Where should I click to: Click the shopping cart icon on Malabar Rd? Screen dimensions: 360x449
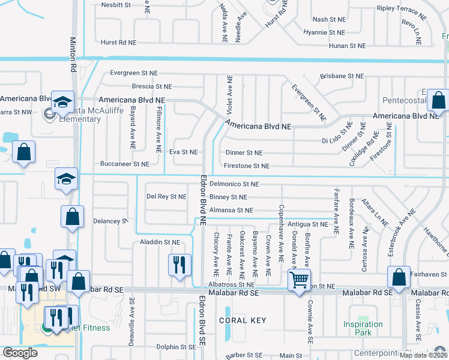pyautogui.click(x=298, y=278)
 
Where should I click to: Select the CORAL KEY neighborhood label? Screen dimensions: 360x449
pyautogui.click(x=242, y=320)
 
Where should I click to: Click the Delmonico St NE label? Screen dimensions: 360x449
pyautogui.click(x=234, y=184)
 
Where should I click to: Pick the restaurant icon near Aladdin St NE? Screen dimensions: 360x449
pyautogui.click(x=179, y=264)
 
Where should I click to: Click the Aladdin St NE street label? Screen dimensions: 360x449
pyautogui.click(x=159, y=242)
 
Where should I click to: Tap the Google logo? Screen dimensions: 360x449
pyautogui.click(x=20, y=353)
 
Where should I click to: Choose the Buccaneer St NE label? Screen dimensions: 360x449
pyautogui.click(x=124, y=164)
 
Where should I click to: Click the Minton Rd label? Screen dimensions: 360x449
pyautogui.click(x=73, y=45)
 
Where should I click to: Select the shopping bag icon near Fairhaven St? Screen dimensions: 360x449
pyautogui.click(x=399, y=277)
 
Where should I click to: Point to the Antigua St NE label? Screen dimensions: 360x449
pyautogui.click(x=308, y=224)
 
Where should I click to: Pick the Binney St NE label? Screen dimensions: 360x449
pyautogui.click(x=228, y=197)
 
